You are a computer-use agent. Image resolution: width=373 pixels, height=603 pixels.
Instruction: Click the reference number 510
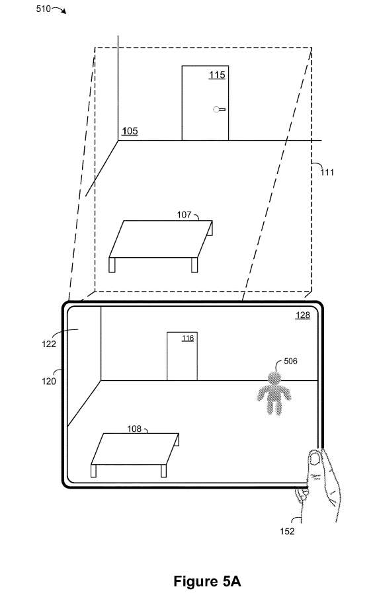(x=43, y=8)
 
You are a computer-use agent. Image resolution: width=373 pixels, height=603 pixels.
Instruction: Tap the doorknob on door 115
(x=219, y=109)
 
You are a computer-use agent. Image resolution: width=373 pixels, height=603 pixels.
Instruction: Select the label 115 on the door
(x=217, y=75)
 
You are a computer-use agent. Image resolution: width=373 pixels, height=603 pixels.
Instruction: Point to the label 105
(x=130, y=131)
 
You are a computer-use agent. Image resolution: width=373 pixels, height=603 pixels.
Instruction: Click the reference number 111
(x=327, y=173)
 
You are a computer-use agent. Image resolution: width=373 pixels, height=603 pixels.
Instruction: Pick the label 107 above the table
(x=184, y=215)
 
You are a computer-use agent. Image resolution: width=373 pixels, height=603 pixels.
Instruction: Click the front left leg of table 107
(x=112, y=265)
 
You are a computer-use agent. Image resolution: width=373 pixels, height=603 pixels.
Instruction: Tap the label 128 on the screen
(x=303, y=315)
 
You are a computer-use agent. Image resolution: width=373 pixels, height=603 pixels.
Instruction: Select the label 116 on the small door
(x=188, y=338)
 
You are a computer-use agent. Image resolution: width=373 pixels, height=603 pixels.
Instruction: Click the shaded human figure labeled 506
(x=274, y=393)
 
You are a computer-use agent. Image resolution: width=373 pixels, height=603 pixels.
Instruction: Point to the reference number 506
(x=290, y=361)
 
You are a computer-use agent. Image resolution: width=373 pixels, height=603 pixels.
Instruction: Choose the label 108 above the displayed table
(x=134, y=428)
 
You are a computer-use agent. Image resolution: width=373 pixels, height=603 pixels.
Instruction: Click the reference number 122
(x=49, y=344)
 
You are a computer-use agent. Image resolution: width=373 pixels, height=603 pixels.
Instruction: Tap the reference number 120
(x=49, y=381)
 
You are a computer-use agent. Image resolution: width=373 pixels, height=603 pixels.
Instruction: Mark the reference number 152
(x=287, y=531)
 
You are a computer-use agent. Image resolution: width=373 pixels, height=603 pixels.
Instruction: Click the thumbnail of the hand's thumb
(x=315, y=458)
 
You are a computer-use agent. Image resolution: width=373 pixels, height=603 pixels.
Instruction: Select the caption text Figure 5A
(x=207, y=581)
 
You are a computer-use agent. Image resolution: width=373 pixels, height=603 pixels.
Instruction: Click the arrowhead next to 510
(x=64, y=12)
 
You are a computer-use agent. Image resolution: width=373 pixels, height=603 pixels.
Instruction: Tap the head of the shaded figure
(x=274, y=378)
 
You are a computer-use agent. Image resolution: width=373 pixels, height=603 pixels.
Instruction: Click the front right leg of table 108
(x=163, y=471)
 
